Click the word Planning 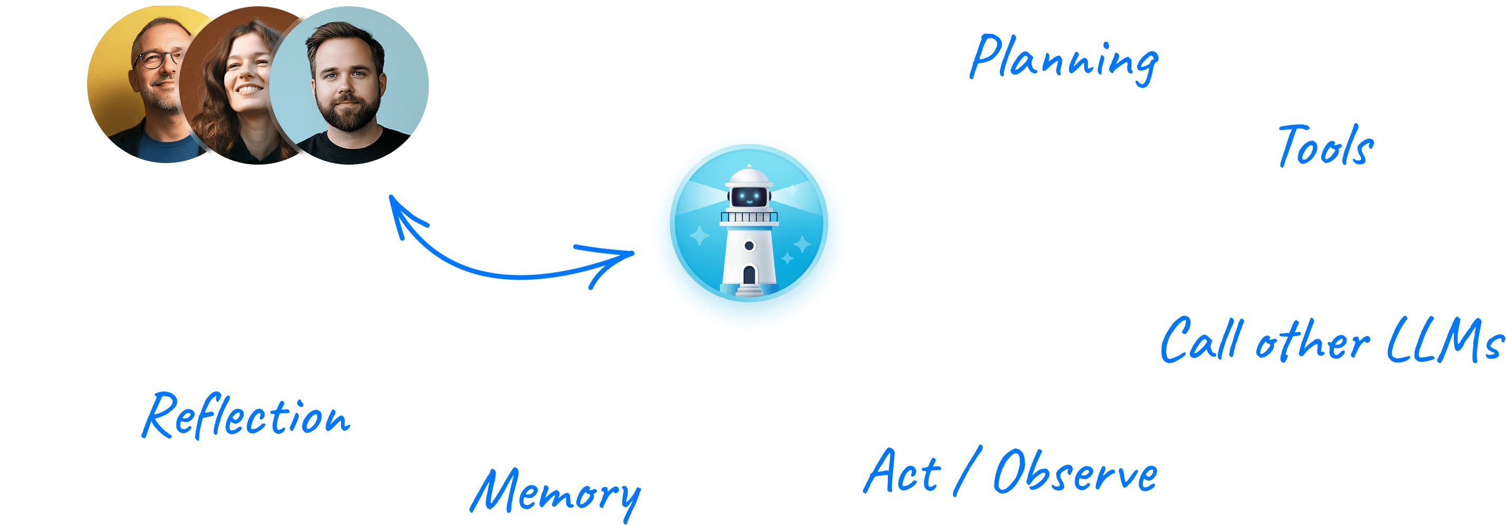pos(1063,60)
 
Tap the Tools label pos(1325,146)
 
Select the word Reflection pos(246,416)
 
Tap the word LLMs pos(1444,340)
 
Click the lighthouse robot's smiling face pos(749,196)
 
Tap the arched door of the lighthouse pos(749,274)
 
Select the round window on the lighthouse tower pos(749,246)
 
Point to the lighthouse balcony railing pos(749,218)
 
